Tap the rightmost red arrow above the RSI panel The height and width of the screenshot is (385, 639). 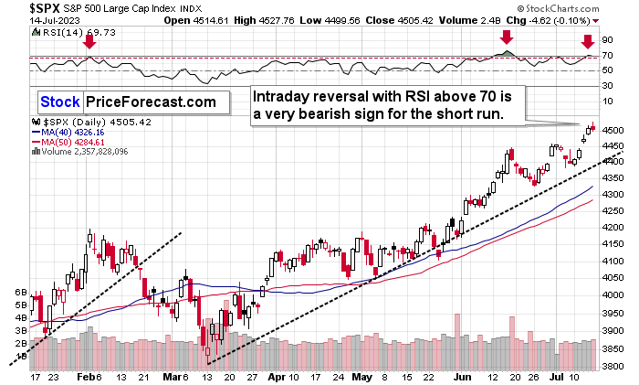click(588, 41)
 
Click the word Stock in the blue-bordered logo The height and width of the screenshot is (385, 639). click(59, 102)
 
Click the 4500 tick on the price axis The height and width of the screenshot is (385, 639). click(613, 130)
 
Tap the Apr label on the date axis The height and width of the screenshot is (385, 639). click(277, 376)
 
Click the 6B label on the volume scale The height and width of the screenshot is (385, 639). click(18, 292)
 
